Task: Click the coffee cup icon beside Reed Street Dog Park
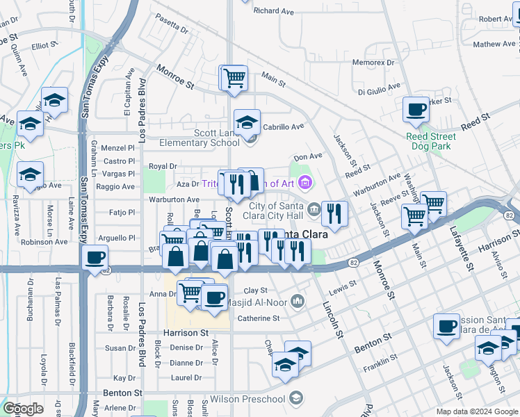416,110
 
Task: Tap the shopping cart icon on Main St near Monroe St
234,78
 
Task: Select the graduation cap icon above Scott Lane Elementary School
247,123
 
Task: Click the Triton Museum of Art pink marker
304,183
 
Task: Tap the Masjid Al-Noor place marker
298,300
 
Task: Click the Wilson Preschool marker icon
297,398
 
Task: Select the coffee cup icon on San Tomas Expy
95,259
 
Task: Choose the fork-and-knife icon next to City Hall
334,214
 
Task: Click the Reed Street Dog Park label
430,142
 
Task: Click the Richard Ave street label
274,11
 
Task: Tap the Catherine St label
258,318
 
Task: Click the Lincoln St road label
332,310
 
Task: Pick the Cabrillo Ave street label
284,127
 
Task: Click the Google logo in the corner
23,409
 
